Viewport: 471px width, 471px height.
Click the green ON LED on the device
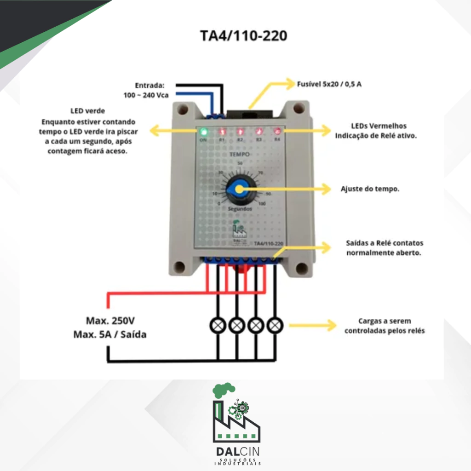(203, 132)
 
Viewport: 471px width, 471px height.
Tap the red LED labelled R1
(221, 132)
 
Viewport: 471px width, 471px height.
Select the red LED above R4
(277, 132)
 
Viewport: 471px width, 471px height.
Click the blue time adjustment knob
(239, 188)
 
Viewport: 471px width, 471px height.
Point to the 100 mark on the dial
(262, 203)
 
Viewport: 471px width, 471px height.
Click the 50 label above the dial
(240, 164)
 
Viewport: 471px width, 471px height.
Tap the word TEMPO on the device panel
(240, 155)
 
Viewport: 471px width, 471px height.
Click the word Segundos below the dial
(240, 208)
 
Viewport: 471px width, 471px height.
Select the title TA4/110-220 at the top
(244, 36)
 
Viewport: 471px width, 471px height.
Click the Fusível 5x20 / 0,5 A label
(329, 84)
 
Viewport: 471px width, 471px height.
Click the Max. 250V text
(110, 320)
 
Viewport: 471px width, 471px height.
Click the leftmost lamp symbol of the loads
(217, 326)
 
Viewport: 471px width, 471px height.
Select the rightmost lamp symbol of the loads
(275, 326)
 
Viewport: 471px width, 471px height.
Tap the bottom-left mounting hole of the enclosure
(180, 267)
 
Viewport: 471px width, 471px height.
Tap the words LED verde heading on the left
(87, 111)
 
